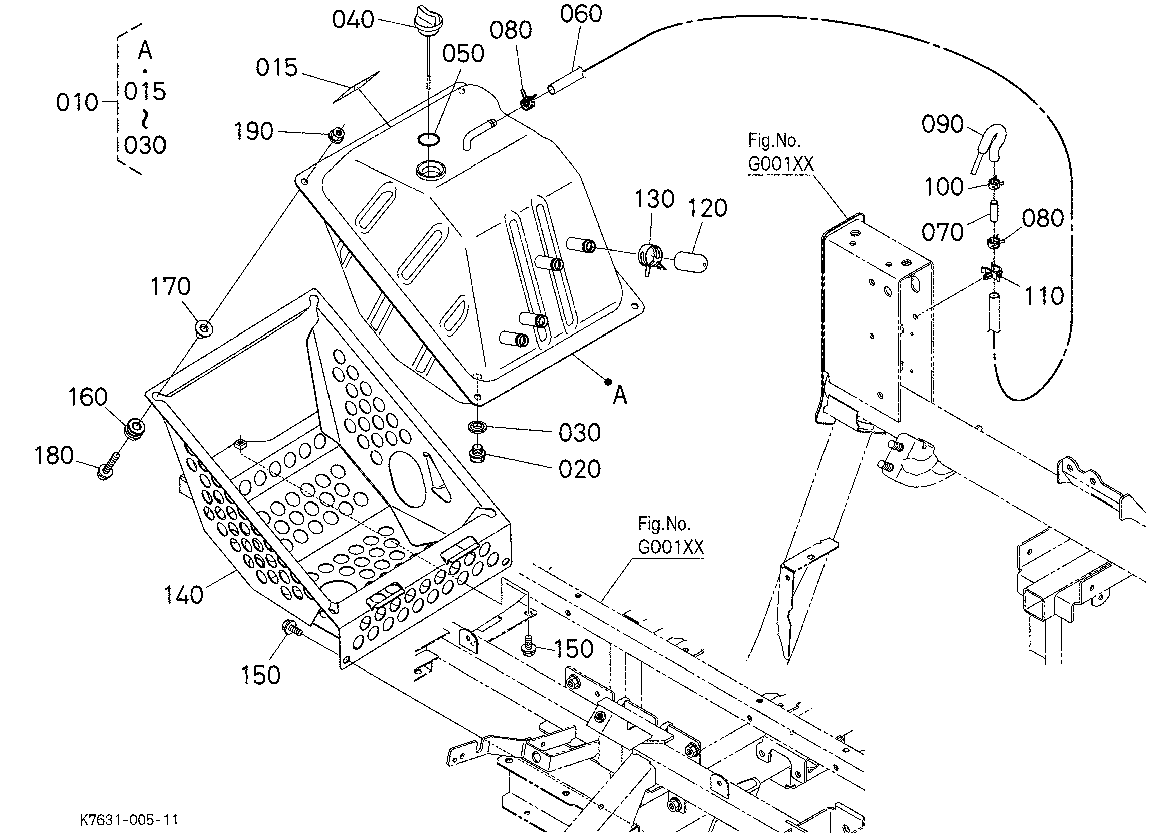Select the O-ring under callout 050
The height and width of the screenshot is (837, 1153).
429,138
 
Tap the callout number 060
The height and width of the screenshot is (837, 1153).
581,14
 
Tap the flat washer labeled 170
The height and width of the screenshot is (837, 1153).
204,328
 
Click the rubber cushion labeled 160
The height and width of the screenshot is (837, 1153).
136,429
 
